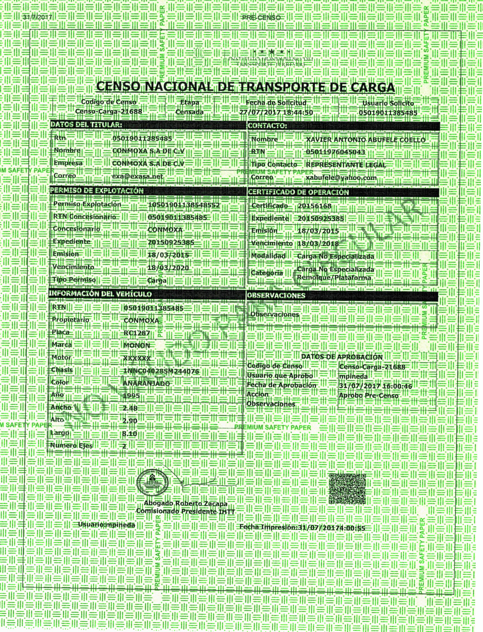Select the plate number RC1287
click(x=137, y=333)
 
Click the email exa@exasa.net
click(x=137, y=176)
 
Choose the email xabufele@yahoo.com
click(x=341, y=178)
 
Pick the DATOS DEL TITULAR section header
click(x=86, y=125)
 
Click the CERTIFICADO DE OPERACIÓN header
click(x=298, y=192)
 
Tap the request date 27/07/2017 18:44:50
click(x=276, y=112)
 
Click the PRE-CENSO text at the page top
click(x=261, y=18)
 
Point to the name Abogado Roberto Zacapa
click(x=186, y=504)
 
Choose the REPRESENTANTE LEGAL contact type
click(x=346, y=165)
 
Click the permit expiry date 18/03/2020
click(x=168, y=268)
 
